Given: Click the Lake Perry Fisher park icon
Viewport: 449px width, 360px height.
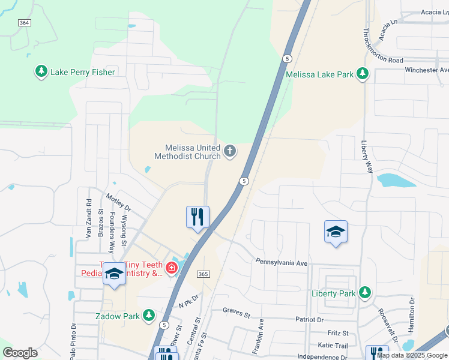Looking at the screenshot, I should tap(41, 72).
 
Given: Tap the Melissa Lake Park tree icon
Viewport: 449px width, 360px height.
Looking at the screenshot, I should tap(362, 74).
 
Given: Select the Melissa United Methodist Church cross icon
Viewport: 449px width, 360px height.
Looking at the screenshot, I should tap(230, 152).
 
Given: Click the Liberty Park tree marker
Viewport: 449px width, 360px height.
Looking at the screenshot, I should tap(364, 293).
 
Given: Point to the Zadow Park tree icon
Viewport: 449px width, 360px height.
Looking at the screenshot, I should tap(149, 315).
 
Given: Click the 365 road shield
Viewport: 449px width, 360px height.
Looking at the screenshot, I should tap(202, 274).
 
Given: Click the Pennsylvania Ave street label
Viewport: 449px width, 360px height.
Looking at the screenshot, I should tap(281, 263).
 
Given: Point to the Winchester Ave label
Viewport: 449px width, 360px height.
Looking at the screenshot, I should tap(423, 70).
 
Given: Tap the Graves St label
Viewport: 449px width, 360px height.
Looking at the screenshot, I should tap(235, 311).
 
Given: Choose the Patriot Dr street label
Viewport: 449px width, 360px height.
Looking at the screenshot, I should tap(309, 320).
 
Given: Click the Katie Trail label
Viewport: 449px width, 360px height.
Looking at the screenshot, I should tap(333, 346).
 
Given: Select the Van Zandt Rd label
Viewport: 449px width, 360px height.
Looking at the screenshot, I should tap(88, 218).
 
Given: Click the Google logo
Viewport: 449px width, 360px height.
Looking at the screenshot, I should tap(20, 353).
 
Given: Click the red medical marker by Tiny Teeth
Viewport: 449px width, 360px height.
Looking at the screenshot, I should tap(172, 268).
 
